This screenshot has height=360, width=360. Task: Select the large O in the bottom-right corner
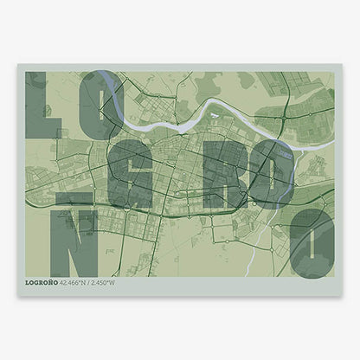[x=311, y=242]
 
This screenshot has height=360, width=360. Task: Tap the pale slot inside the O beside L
[x=98, y=106]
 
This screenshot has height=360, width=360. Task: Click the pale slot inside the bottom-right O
[x=312, y=242]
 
